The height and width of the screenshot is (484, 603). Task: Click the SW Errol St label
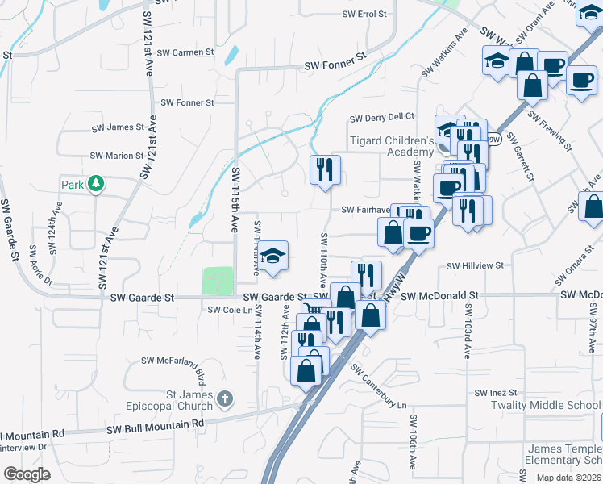tap(364, 15)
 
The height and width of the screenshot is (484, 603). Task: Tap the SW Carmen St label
tap(185, 52)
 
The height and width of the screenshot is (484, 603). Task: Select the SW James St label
tap(118, 127)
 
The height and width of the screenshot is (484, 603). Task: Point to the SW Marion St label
tap(117, 156)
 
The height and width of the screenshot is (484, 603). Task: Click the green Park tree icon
tap(95, 185)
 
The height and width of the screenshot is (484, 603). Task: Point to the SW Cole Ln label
tap(225, 310)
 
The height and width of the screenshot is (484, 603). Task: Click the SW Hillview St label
tap(475, 265)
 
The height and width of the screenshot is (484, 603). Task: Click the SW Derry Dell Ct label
tap(381, 118)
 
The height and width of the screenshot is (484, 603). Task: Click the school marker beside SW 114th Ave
tap(273, 257)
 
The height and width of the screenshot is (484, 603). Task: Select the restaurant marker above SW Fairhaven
tap(325, 170)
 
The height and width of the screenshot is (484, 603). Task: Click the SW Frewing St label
tap(550, 132)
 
